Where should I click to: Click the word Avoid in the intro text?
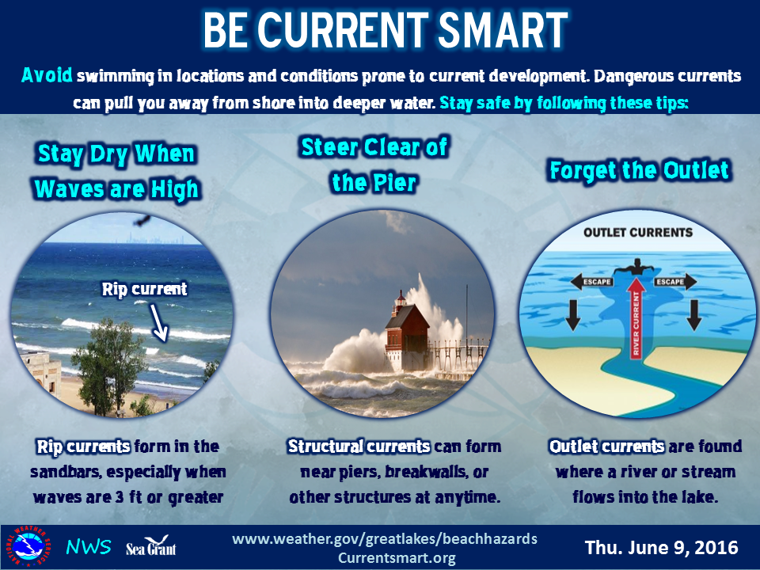tap(47, 76)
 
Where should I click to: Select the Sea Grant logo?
tap(150, 546)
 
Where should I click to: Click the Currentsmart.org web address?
tap(397, 558)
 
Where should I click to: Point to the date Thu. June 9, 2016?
tap(662, 548)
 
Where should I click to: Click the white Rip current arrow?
tap(159, 323)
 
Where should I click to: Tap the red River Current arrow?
tap(636, 317)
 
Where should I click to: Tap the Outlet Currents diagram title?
tap(638, 233)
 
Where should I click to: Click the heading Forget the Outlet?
tap(640, 171)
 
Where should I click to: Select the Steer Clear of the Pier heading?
tap(374, 165)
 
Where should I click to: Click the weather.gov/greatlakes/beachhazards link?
tap(385, 538)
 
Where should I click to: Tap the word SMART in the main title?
tap(503, 29)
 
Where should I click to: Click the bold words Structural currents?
tap(359, 446)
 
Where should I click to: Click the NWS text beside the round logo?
tap(89, 547)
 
